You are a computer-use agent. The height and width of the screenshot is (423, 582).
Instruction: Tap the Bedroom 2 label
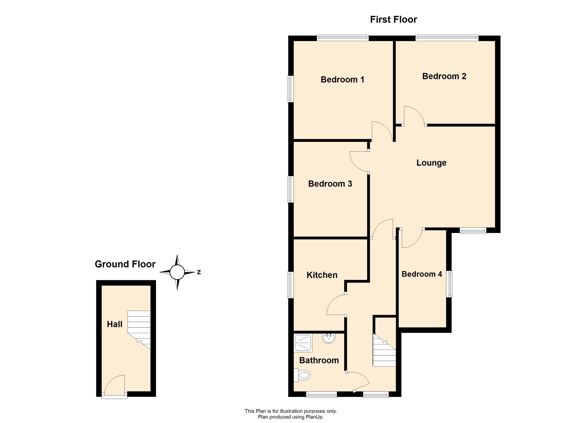click(x=444, y=76)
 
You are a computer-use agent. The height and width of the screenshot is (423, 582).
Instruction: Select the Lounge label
click(x=431, y=163)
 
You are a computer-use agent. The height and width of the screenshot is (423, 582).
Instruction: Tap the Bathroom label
click(x=319, y=360)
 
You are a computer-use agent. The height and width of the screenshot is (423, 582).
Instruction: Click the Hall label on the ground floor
click(x=114, y=324)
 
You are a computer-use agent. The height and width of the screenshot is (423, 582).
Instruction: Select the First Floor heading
click(x=393, y=20)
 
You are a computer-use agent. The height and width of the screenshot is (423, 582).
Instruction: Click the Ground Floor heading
click(x=125, y=264)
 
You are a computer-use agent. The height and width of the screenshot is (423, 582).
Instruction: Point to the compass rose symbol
click(x=177, y=272)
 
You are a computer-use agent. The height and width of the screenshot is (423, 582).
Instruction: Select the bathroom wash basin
click(x=328, y=338)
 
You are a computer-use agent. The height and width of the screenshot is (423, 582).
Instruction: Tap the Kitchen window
click(x=290, y=285)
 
